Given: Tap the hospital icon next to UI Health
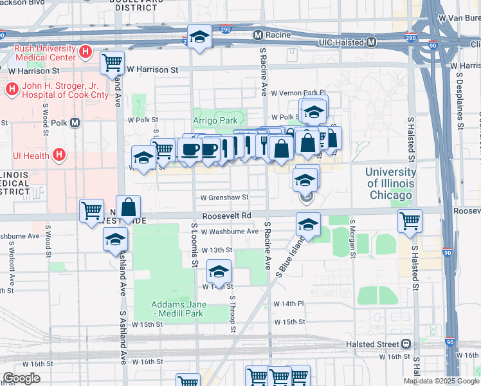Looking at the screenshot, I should tap(59, 155).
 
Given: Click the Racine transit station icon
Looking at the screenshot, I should tap(259, 35).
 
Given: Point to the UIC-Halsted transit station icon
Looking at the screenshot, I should tap(371, 42).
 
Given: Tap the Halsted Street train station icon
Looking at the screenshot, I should tap(406, 344).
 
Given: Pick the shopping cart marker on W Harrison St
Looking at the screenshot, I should tap(113, 62).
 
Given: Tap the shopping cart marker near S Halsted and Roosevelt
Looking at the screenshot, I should tap(410, 221).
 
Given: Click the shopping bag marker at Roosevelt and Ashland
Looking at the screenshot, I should tap(129, 207).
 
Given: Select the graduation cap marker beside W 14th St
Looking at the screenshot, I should tap(219, 271).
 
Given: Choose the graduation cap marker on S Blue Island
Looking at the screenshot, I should tap(308, 225).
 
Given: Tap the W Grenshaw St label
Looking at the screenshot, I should tap(224, 198).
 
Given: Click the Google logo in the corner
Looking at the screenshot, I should tap(23, 378).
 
